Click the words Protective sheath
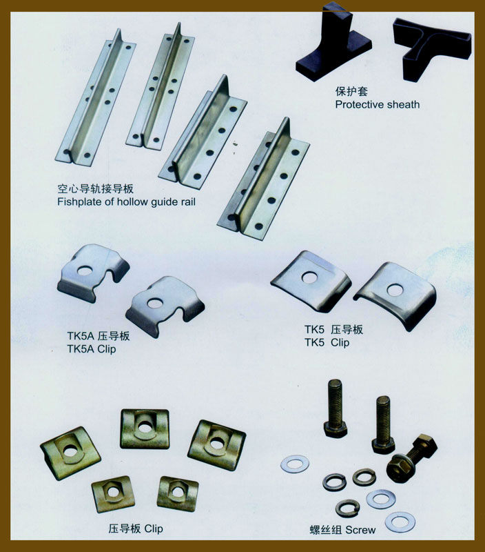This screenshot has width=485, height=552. pos(377,105)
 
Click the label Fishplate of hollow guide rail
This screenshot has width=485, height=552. pos(126,202)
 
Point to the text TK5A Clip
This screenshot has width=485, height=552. pos(92,349)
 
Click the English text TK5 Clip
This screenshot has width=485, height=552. pos(327,342)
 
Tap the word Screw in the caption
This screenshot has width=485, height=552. pos(360,530)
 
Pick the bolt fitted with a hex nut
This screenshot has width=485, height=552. pos(412,458)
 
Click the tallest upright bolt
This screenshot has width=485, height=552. pos(336,408)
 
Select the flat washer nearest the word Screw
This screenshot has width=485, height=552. pos(400,522)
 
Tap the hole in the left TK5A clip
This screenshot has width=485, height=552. pos(85,270)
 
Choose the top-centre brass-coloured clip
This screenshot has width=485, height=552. pos(145,429)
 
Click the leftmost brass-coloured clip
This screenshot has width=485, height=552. pos(70,453)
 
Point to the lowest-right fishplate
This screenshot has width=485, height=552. pos(263,179)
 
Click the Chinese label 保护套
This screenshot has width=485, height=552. pos(351,92)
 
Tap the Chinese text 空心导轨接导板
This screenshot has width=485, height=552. pos(95,189)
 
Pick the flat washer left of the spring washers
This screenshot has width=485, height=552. pos(295,464)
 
